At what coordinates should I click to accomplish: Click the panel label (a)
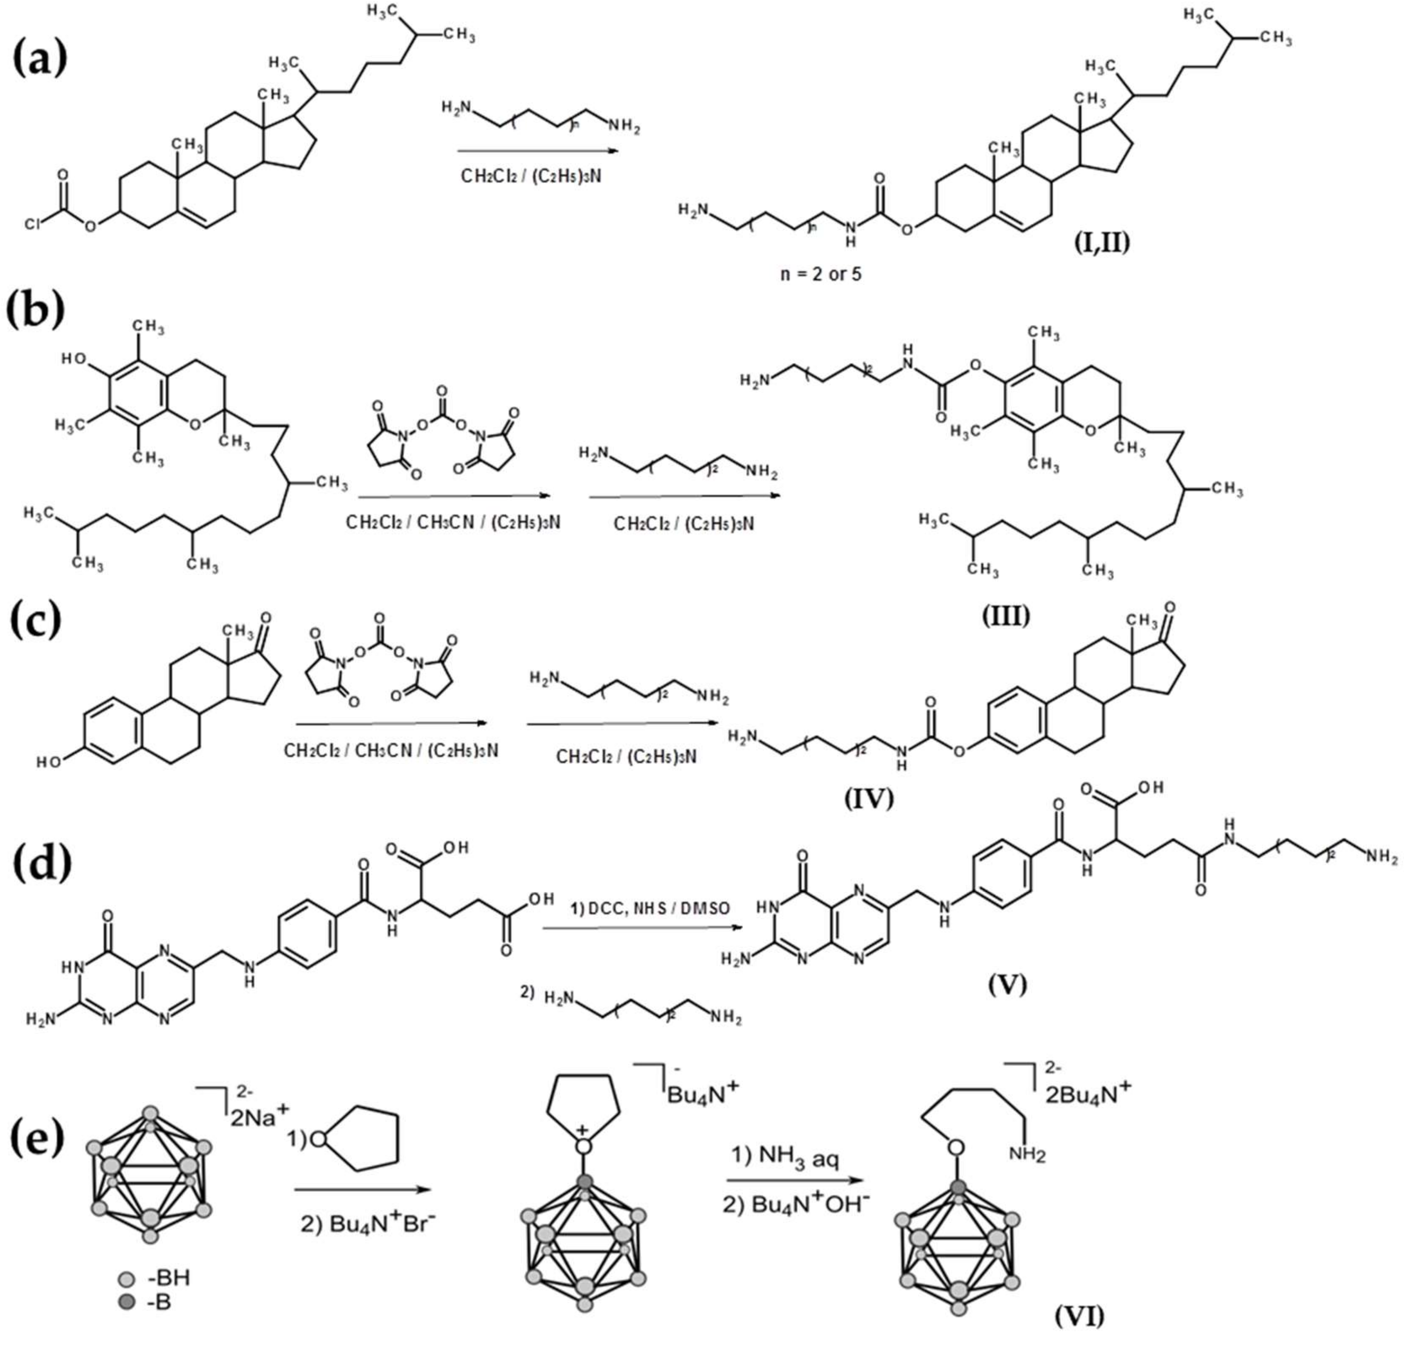tap(41, 59)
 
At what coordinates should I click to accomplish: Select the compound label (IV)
tap(869, 798)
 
